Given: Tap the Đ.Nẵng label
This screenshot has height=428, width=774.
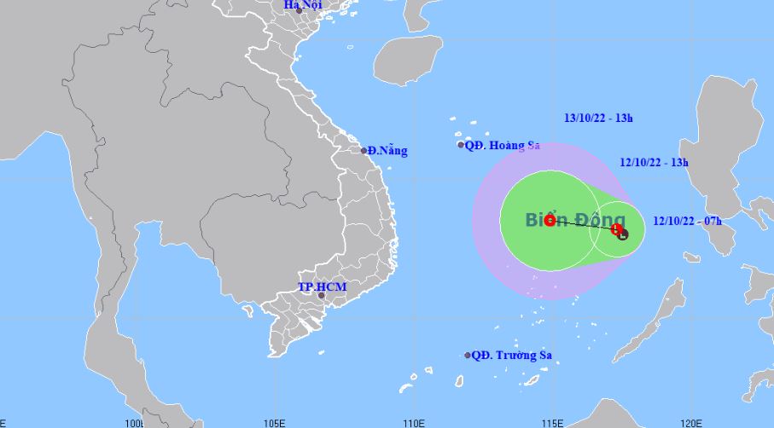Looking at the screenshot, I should click(388, 151).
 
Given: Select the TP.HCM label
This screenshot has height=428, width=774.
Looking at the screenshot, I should click(322, 286).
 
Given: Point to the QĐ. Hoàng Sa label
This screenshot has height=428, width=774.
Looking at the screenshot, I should click(503, 145).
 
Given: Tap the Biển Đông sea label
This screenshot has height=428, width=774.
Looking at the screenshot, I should click(562, 220).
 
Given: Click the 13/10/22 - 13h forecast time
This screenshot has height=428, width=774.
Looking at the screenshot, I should click(599, 119).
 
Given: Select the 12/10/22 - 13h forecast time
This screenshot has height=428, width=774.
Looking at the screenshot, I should click(654, 161).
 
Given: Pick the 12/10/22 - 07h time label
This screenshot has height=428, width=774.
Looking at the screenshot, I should click(687, 221).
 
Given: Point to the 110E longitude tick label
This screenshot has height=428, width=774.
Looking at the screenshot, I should click(413, 422).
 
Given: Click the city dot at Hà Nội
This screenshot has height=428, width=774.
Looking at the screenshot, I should click(299, 10).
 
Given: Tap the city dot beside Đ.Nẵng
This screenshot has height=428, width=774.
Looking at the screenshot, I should click(364, 151).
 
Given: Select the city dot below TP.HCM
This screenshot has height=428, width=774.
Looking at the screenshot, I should click(321, 296).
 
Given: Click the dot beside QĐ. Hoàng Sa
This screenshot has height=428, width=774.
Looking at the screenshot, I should click(461, 145).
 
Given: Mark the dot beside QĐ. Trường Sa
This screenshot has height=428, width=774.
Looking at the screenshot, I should click(468, 356).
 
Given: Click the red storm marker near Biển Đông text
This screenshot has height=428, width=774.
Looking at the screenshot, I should click(550, 220).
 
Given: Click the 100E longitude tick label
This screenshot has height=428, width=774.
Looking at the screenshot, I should click(135, 422).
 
